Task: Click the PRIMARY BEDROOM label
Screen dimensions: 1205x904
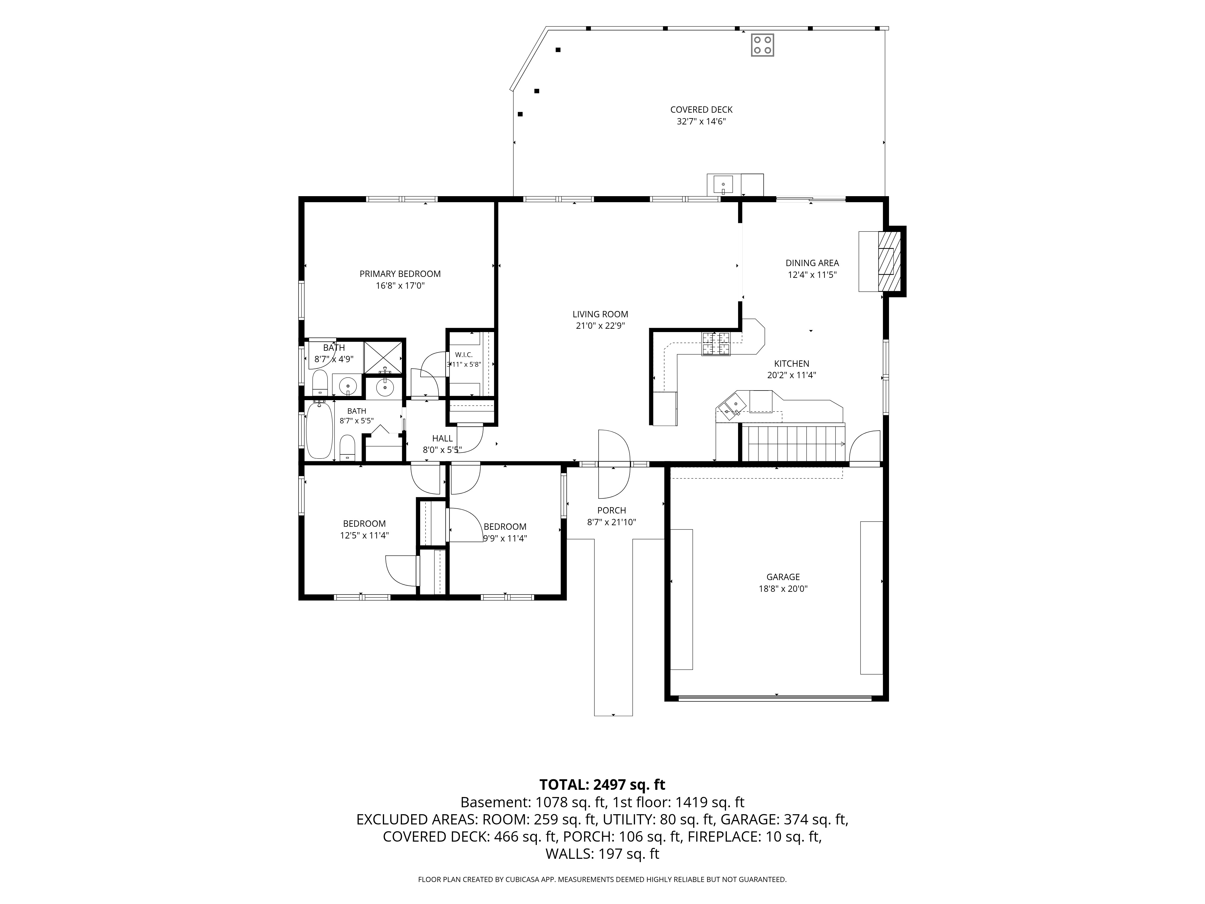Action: pos(400,274)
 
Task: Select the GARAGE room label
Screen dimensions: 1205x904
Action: pos(783,577)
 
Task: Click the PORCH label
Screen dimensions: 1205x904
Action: pos(611,510)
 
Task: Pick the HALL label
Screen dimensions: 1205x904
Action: pos(442,439)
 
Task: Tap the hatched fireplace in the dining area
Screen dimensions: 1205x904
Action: pos(888,262)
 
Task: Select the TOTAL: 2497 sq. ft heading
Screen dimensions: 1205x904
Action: pos(602,785)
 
